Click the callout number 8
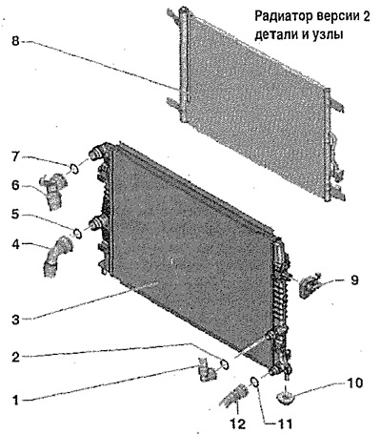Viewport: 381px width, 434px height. pos(16,41)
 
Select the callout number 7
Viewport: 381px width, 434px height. pos(16,156)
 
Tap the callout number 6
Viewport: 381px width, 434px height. pos(16,186)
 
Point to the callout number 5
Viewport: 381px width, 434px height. pos(16,215)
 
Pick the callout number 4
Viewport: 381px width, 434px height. pos(16,244)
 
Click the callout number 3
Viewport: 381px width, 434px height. pos(16,320)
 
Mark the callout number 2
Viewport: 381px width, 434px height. pos(16,357)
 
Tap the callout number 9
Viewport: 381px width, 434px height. pos(354,280)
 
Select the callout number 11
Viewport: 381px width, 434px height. pos(283,424)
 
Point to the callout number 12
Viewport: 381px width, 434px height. pos(238,424)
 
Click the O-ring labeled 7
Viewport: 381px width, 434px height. pos(73,169)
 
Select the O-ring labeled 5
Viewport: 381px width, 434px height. pos(77,234)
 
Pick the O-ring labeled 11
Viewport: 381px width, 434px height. pos(255,382)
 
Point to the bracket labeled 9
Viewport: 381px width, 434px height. pos(309,285)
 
